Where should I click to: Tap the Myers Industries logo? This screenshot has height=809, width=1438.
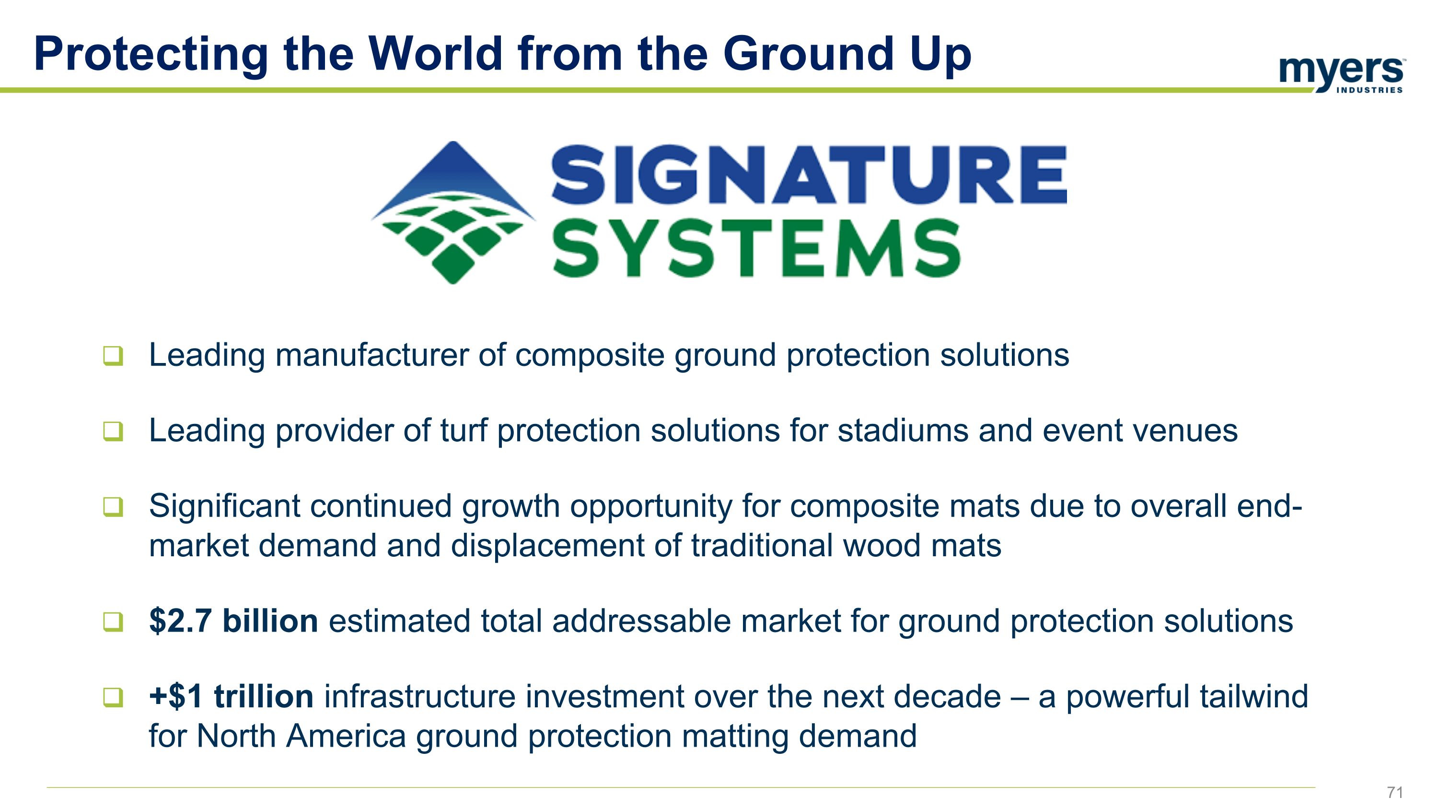click(1342, 75)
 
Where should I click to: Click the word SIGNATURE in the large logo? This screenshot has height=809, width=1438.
click(809, 174)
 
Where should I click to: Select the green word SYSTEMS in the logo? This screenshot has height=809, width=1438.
click(756, 248)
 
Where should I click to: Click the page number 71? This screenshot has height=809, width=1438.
click(1395, 792)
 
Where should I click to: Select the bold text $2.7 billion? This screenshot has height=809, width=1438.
click(233, 621)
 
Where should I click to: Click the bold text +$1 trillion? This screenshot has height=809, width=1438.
click(231, 697)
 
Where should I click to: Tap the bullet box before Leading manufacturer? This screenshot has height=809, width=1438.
click(113, 356)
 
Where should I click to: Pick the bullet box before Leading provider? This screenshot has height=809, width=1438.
click(113, 432)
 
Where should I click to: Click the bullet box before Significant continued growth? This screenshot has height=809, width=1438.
click(113, 507)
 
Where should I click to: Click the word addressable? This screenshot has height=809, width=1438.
click(641, 621)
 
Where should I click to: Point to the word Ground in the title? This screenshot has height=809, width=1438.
click(809, 54)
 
